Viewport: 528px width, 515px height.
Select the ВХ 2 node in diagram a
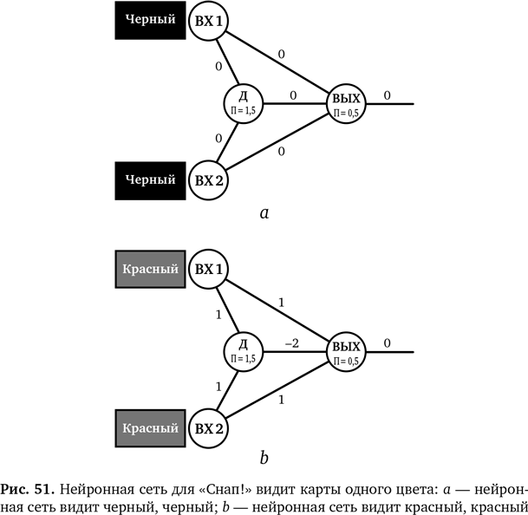208,180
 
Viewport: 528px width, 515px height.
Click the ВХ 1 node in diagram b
208,269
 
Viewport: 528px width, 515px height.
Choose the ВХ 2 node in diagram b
208,427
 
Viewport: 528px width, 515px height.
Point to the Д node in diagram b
244,350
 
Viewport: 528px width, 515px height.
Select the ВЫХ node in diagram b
346,350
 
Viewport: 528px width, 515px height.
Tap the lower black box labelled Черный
150,180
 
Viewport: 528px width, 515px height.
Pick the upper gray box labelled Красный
150,269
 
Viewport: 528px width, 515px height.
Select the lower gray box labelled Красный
150,427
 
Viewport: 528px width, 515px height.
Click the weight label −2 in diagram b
292,342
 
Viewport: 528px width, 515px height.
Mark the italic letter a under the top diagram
264,212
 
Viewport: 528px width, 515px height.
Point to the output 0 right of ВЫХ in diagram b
387,343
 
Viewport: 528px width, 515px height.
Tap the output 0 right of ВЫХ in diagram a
387,95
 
